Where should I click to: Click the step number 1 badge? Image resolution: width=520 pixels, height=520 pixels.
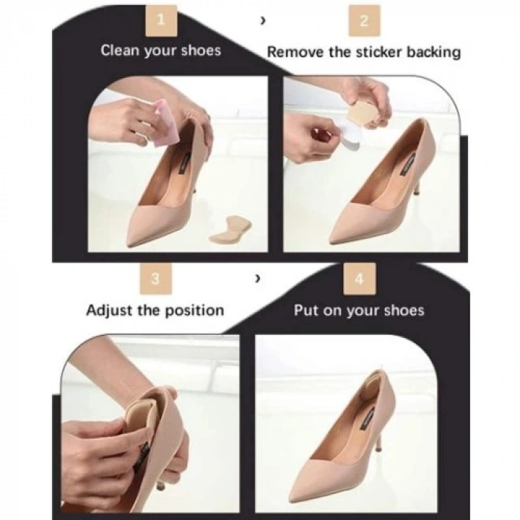tap(161, 22)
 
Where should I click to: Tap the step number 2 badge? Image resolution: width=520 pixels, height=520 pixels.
tap(364, 22)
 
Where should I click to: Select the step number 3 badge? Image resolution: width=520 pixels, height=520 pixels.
tap(156, 279)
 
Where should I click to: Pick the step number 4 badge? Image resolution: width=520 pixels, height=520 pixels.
tap(360, 279)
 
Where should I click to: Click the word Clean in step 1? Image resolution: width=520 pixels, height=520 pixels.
tap(120, 51)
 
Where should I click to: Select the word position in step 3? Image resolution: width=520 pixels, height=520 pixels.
tap(195, 311)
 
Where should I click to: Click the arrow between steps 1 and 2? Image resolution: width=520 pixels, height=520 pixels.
tap(263, 21)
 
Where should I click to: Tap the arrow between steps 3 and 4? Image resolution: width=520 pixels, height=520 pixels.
tap(257, 279)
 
